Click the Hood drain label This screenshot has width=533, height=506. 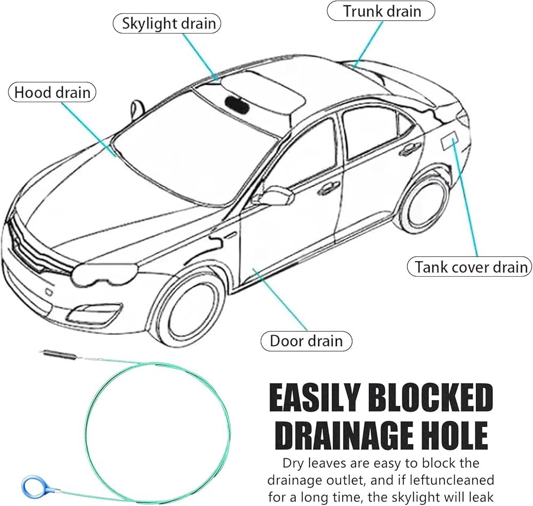52,93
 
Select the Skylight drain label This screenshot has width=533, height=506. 167,24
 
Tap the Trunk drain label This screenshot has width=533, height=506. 381,11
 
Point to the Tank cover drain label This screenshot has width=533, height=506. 470,267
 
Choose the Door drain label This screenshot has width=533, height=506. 306,341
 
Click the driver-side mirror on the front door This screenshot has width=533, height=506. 277,196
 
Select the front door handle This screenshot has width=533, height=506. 328,187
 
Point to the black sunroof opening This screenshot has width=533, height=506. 237,105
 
